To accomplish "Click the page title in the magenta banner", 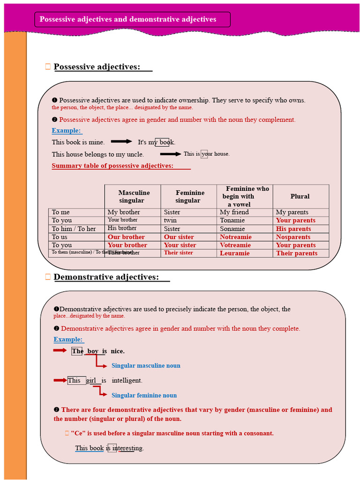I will (128, 19).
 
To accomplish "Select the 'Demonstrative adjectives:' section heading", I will (106, 277).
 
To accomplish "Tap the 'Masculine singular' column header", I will (134, 196).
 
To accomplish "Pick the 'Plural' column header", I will (300, 196).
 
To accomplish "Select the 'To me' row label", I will (61, 212).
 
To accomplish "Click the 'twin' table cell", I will (170, 220).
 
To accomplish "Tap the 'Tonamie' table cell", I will (232, 220).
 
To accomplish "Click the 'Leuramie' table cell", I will (235, 253).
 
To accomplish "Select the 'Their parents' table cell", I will (297, 253).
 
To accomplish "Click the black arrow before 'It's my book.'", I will (121, 141).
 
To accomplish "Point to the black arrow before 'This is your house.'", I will (171, 154).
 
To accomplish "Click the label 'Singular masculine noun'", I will (146, 366).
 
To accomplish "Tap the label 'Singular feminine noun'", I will (144, 395).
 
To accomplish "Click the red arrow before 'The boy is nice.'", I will (60, 350).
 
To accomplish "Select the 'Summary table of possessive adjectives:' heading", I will (112, 165).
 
